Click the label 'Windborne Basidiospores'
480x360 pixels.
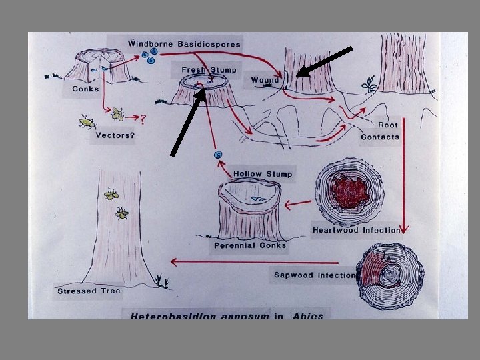184,44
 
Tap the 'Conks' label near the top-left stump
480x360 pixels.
85,89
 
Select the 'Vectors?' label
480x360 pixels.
115,135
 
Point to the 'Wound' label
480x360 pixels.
265,80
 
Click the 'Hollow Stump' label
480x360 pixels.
263,174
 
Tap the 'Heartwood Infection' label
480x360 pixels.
356,230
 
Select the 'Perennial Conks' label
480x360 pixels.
249,245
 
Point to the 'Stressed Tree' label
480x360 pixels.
85,291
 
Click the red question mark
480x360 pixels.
143,119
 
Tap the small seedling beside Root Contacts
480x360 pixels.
368,85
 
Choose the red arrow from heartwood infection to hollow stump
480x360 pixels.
298,202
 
